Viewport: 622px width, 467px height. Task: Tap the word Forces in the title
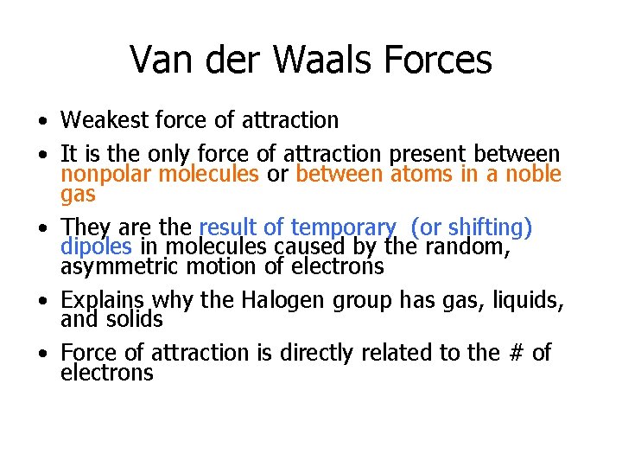441,61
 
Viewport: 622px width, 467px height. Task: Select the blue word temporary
343,228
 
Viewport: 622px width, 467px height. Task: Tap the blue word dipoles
97,247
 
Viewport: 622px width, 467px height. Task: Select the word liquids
526,301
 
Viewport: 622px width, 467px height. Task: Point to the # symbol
511,353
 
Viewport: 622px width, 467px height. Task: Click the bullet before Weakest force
41,120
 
